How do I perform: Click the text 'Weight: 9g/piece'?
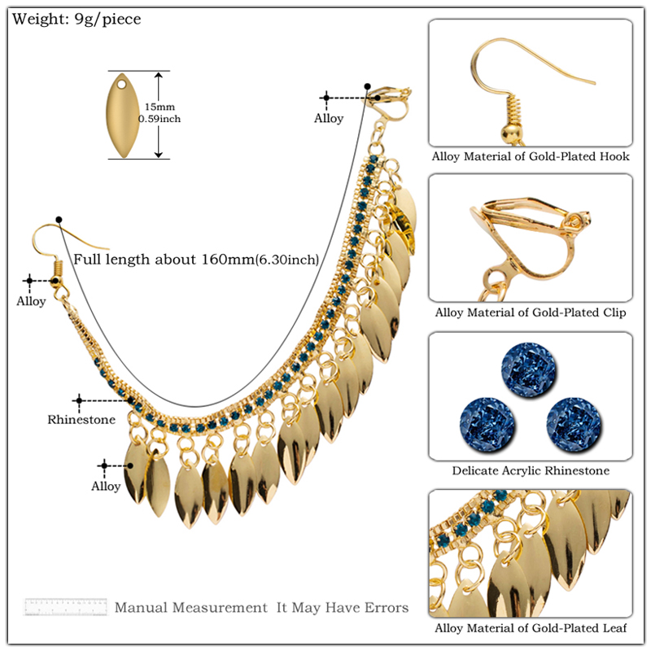point(76,19)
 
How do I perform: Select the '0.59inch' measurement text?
point(159,119)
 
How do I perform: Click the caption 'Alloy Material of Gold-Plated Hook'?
point(531,156)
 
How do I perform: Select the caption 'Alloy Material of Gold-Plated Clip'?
point(531,312)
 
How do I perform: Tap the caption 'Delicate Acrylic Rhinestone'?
point(531,470)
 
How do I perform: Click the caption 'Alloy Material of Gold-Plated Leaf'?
point(531,627)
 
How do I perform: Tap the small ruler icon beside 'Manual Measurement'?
point(66,607)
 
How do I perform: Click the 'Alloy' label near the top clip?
point(329,118)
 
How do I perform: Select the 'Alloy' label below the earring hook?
point(32,301)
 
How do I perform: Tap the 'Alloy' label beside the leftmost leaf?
point(106,486)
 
